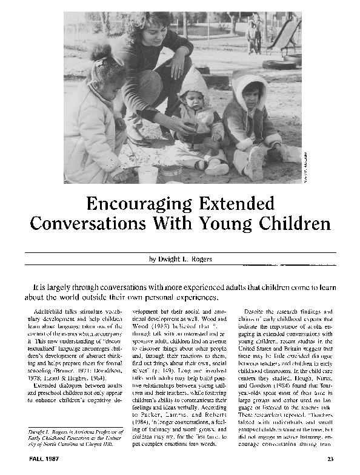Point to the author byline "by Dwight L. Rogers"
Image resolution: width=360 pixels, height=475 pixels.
180,260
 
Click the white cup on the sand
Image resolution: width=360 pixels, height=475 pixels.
147,173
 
